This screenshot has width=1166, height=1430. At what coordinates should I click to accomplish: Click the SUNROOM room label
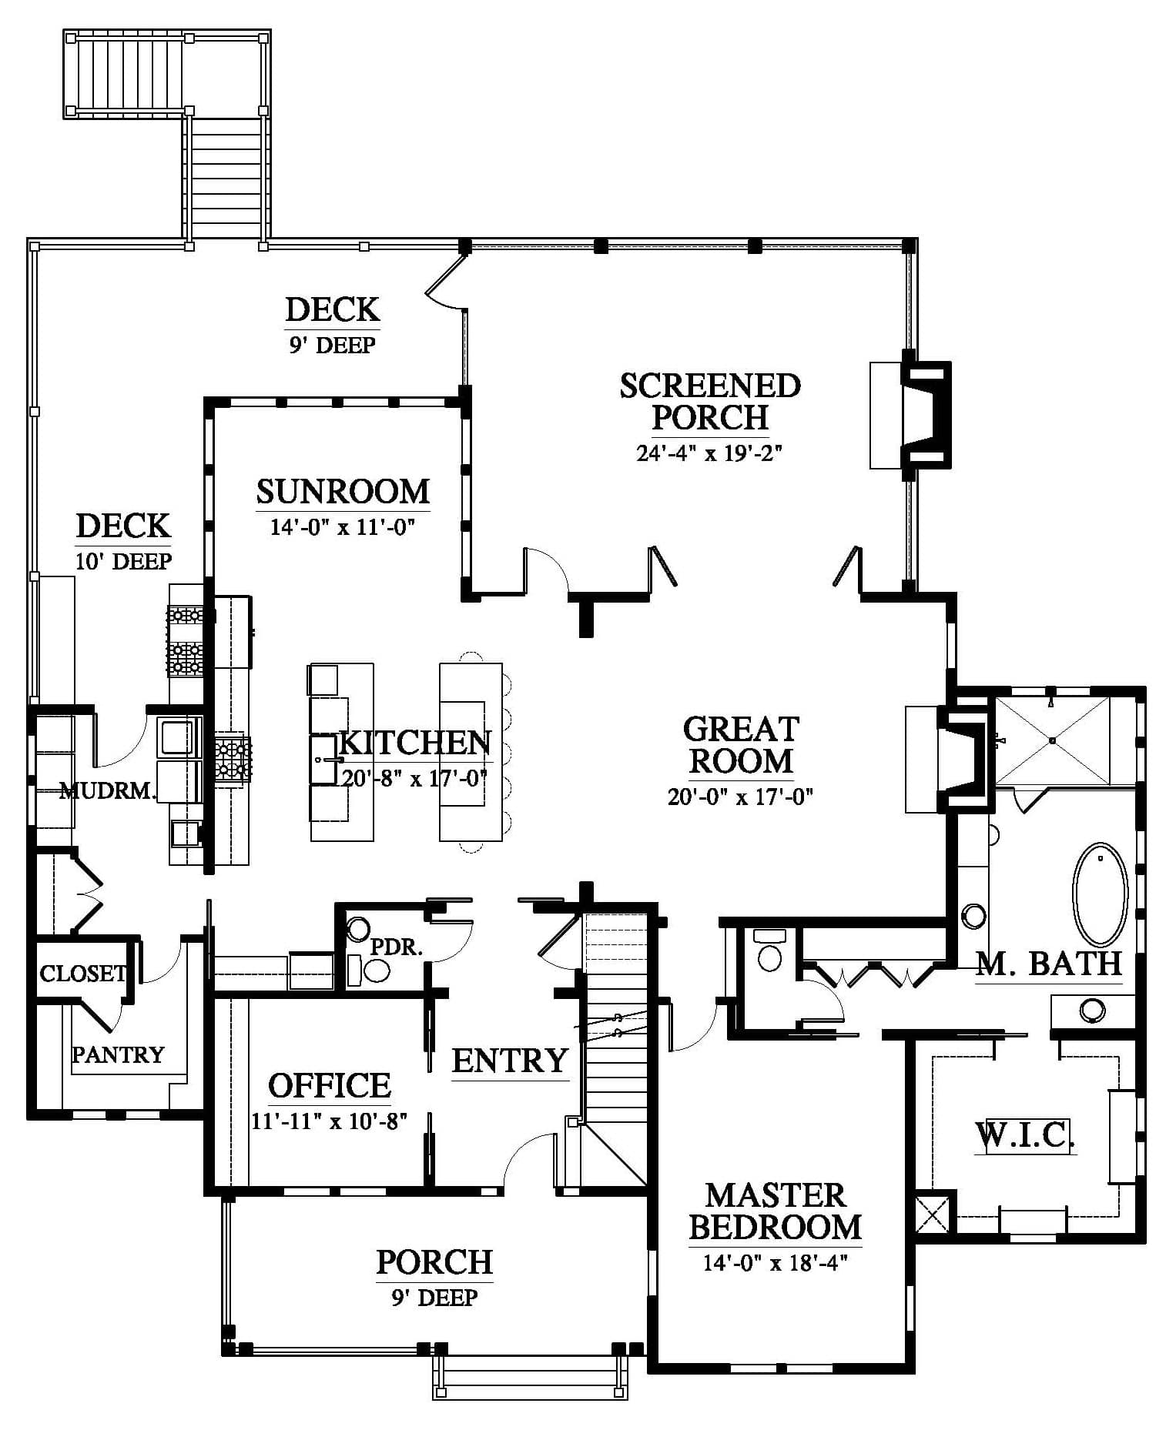pos(343,492)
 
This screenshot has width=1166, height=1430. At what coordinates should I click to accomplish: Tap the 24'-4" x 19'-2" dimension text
pos(709,453)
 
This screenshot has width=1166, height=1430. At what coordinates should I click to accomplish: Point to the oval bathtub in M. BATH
pos(1101,894)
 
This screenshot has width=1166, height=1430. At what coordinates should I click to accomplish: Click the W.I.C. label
pos(1024,1135)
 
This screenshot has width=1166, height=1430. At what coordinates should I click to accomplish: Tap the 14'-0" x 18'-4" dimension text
pos(775,1263)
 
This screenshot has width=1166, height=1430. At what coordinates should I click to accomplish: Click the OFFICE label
pos(330,1085)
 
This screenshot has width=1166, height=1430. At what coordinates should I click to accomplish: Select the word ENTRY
pos(510,1061)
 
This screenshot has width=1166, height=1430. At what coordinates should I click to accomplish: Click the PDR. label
pos(397,947)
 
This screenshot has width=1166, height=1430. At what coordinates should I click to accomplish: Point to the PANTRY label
pos(118,1054)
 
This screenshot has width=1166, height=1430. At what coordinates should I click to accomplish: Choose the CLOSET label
pos(82,974)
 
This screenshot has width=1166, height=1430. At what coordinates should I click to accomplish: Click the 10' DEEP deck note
pos(123,561)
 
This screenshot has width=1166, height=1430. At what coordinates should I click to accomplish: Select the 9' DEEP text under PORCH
pos(434,1298)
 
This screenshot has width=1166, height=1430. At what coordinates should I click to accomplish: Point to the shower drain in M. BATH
pos(1052,740)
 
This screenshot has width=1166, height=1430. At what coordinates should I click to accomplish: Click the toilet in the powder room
pos(376,970)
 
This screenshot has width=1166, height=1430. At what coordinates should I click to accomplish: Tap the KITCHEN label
pos(414,743)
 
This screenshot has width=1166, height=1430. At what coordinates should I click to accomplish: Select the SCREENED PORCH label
pos(710,401)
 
